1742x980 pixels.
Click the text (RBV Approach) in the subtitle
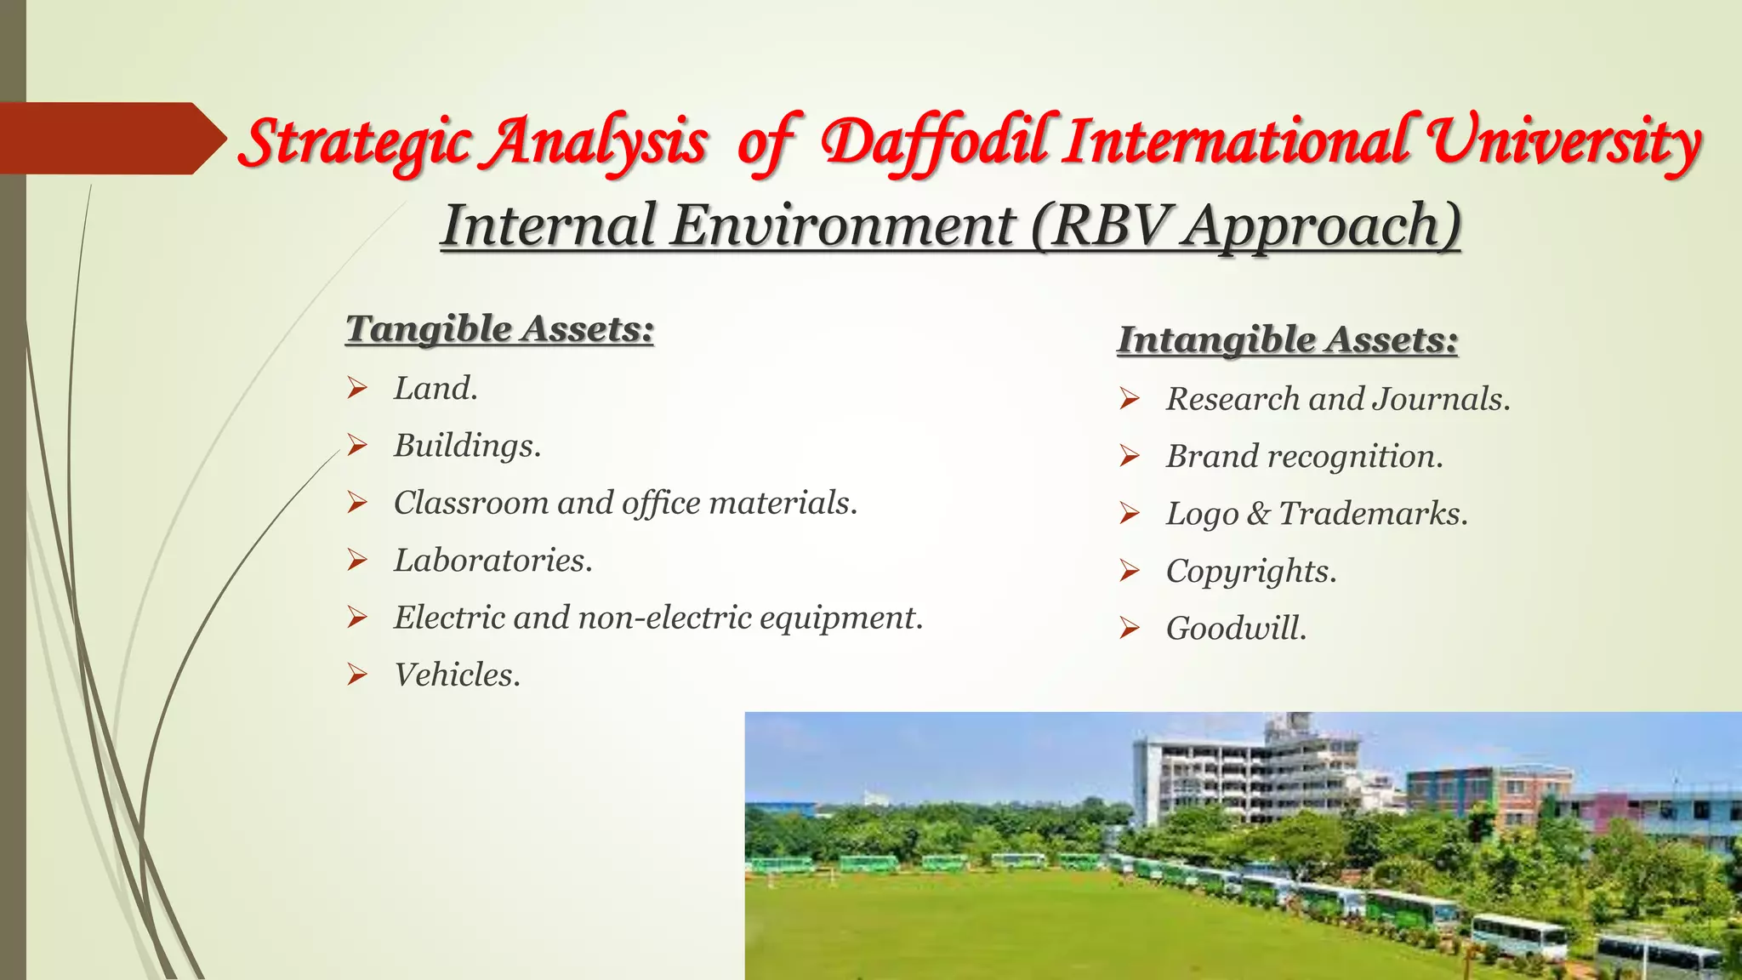click(x=1245, y=225)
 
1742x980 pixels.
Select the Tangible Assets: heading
click(x=499, y=328)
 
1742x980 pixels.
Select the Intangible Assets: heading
click(x=1287, y=339)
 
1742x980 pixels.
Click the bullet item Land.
click(x=435, y=389)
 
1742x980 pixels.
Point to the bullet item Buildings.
click(x=467, y=446)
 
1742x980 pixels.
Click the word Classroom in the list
click(x=470, y=503)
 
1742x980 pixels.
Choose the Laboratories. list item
click(x=492, y=561)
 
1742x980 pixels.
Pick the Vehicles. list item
click(x=457, y=675)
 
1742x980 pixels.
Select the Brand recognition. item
click(x=1304, y=457)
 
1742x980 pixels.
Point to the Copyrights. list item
click(x=1250, y=571)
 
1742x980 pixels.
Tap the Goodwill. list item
click(x=1235, y=629)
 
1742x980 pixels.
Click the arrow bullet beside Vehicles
click(x=357, y=675)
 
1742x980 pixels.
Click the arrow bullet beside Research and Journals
click(x=1130, y=399)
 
